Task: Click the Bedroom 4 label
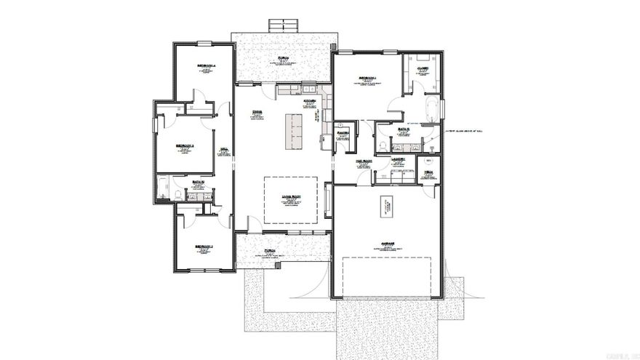206,66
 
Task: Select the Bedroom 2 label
204,247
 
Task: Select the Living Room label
290,196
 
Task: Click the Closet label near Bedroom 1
423,69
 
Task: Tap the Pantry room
343,134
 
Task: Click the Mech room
429,172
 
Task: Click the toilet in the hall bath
177,195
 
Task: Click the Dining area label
257,111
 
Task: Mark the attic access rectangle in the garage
386,209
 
